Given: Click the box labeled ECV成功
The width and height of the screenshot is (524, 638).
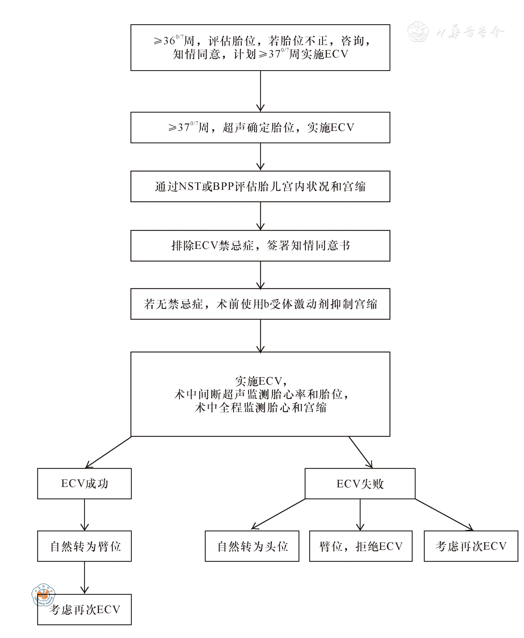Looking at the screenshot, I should (x=84, y=484).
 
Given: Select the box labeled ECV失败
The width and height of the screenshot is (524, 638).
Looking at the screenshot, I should (x=360, y=484).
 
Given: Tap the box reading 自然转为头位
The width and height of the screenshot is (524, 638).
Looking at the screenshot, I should (x=252, y=546).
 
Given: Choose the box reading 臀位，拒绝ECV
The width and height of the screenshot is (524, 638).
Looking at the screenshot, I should (x=361, y=546).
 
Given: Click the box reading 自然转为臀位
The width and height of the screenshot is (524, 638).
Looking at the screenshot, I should (x=84, y=546).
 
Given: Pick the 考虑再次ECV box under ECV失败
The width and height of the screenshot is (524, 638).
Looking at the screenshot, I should (x=471, y=546).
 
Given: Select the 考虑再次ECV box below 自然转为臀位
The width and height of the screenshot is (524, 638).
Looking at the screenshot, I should (x=84, y=610).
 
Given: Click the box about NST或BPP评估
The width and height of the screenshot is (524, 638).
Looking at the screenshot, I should (x=260, y=187).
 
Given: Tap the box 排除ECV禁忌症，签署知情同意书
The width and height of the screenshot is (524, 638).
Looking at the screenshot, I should (x=260, y=246).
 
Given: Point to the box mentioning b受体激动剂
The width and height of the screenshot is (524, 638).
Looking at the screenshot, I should (x=260, y=304).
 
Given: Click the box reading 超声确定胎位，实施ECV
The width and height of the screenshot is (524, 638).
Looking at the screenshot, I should (x=260, y=128).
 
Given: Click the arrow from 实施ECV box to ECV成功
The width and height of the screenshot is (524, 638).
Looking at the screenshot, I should (x=108, y=452).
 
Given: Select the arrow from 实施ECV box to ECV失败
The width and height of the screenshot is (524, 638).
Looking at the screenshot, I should (x=360, y=452).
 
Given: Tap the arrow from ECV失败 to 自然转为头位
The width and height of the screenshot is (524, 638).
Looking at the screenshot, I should (x=278, y=514).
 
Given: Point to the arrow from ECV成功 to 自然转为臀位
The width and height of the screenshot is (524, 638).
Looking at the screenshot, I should (x=85, y=515).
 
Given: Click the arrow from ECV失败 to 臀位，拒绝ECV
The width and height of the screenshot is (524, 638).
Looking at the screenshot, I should (x=360, y=515).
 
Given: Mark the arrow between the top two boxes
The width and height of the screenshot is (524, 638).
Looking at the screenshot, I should (x=260, y=91).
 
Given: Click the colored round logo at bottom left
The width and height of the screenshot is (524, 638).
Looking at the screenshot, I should (x=43, y=595).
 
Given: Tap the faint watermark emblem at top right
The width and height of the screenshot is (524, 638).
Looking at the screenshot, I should (x=418, y=32).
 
